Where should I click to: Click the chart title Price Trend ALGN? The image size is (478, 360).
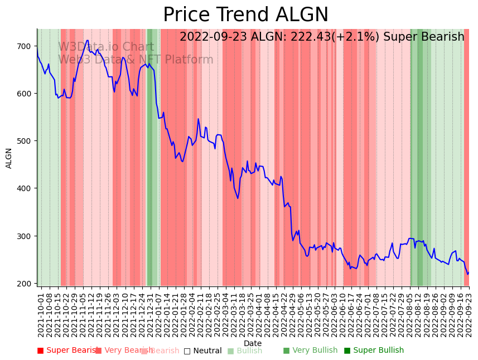pos(245,15)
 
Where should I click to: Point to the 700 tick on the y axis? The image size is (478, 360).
pos(25,46)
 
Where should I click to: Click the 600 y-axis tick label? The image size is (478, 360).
pos(25,93)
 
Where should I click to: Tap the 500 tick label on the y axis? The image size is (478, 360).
pos(25,141)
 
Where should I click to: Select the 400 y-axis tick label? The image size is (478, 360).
pos(25,188)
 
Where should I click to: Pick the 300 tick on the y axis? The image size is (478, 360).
pos(25,236)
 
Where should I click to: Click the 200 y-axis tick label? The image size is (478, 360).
pos(25,284)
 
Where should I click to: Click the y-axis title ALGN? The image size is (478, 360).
pos(9,158)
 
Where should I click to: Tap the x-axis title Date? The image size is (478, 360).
pos(253,343)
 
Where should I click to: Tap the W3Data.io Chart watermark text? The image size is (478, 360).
pos(106,47)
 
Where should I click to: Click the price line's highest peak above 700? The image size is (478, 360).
pos(88,40)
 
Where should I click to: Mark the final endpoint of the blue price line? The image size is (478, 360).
pos(469,273)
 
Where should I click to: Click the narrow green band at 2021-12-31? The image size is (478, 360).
pos(149,156)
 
